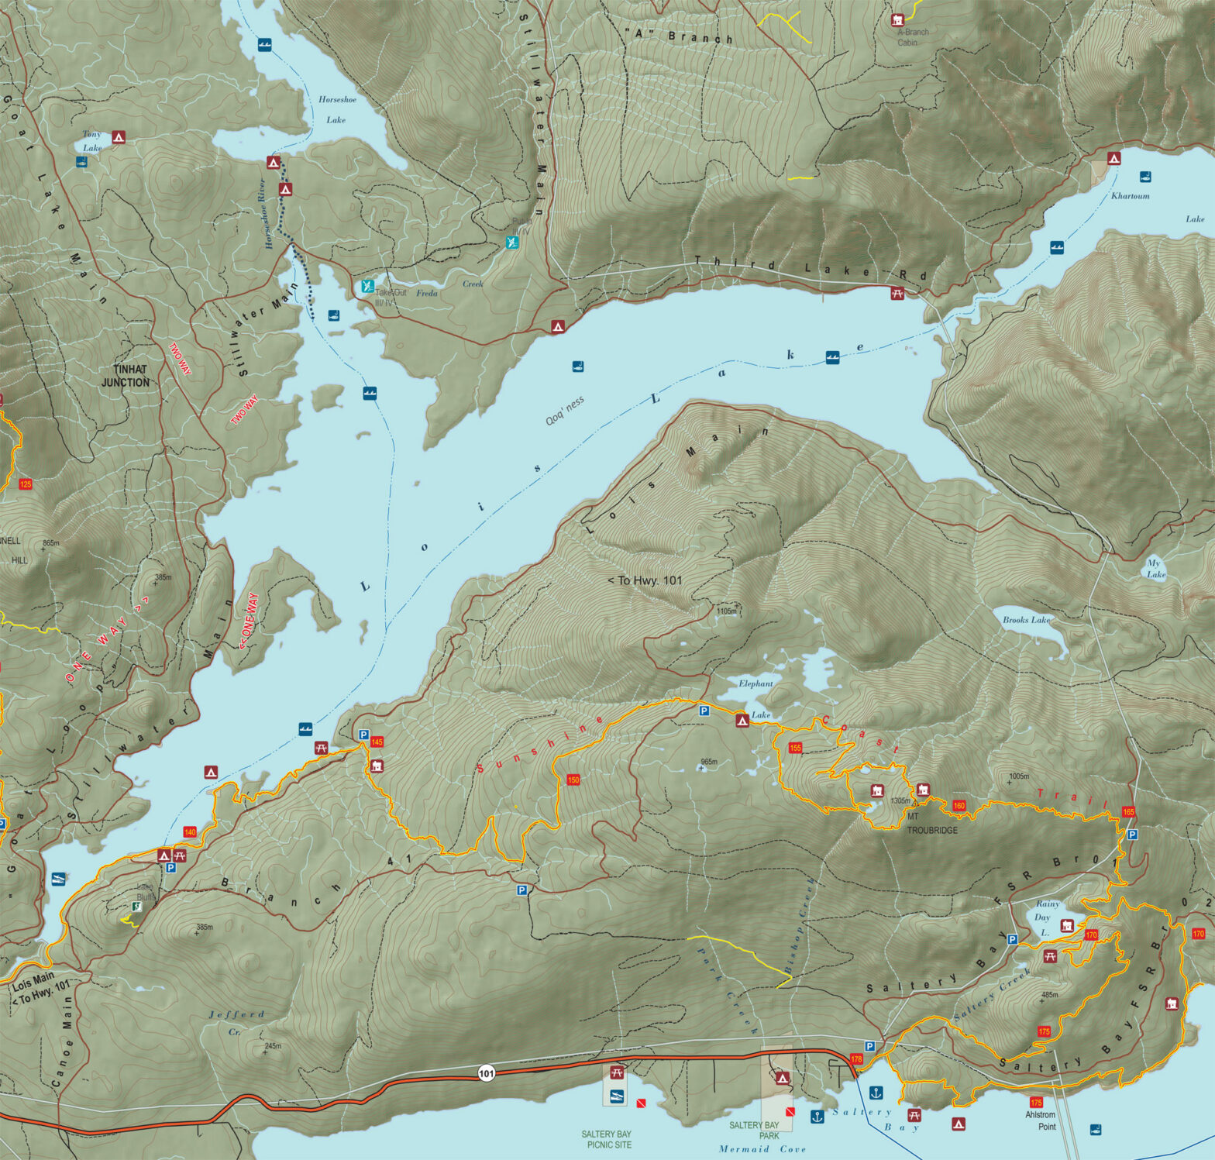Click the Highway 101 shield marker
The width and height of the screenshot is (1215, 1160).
pyautogui.click(x=486, y=1073)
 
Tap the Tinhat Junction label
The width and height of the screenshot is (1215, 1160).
pyautogui.click(x=126, y=376)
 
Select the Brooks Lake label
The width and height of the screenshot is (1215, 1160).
pyautogui.click(x=1026, y=620)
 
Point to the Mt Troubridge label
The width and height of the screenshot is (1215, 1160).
pyautogui.click(x=931, y=823)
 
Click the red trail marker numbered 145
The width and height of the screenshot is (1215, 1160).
pyautogui.click(x=377, y=742)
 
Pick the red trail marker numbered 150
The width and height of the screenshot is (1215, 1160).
pyautogui.click(x=573, y=780)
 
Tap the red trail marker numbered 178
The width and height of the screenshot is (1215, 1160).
pyautogui.click(x=856, y=1058)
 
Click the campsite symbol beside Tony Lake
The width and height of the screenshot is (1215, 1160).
pyautogui.click(x=118, y=137)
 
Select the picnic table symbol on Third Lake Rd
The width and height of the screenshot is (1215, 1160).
pyautogui.click(x=897, y=293)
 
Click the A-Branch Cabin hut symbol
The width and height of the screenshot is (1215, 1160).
pyautogui.click(x=898, y=19)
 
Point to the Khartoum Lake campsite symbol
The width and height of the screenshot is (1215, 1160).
pyautogui.click(x=1113, y=158)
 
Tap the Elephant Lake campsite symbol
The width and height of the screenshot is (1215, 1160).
pyautogui.click(x=742, y=721)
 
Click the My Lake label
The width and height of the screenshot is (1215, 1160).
pyautogui.click(x=1155, y=569)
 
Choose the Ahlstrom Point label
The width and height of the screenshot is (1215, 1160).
pyautogui.click(x=1041, y=1120)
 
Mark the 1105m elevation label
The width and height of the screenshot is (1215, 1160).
pyautogui.click(x=726, y=611)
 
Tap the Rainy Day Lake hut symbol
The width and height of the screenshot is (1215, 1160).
pyautogui.click(x=1067, y=925)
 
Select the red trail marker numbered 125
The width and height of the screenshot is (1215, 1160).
pyautogui.click(x=26, y=484)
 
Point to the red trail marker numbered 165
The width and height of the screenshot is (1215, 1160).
pyautogui.click(x=1127, y=812)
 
